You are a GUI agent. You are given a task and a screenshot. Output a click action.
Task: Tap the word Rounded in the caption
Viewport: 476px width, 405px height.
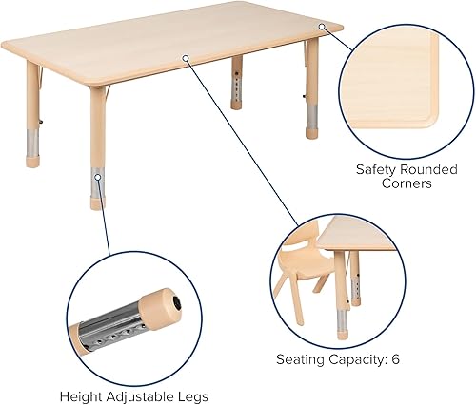429,169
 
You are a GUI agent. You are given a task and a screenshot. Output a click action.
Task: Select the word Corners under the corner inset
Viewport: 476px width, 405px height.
407,184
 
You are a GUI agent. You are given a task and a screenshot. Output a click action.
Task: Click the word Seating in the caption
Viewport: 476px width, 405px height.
300,360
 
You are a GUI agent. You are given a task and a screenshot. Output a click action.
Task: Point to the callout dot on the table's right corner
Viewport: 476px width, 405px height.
321,26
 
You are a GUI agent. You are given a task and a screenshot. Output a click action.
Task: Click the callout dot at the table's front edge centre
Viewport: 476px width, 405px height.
187,59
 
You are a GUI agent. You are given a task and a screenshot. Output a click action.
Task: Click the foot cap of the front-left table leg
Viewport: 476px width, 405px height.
97,202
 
